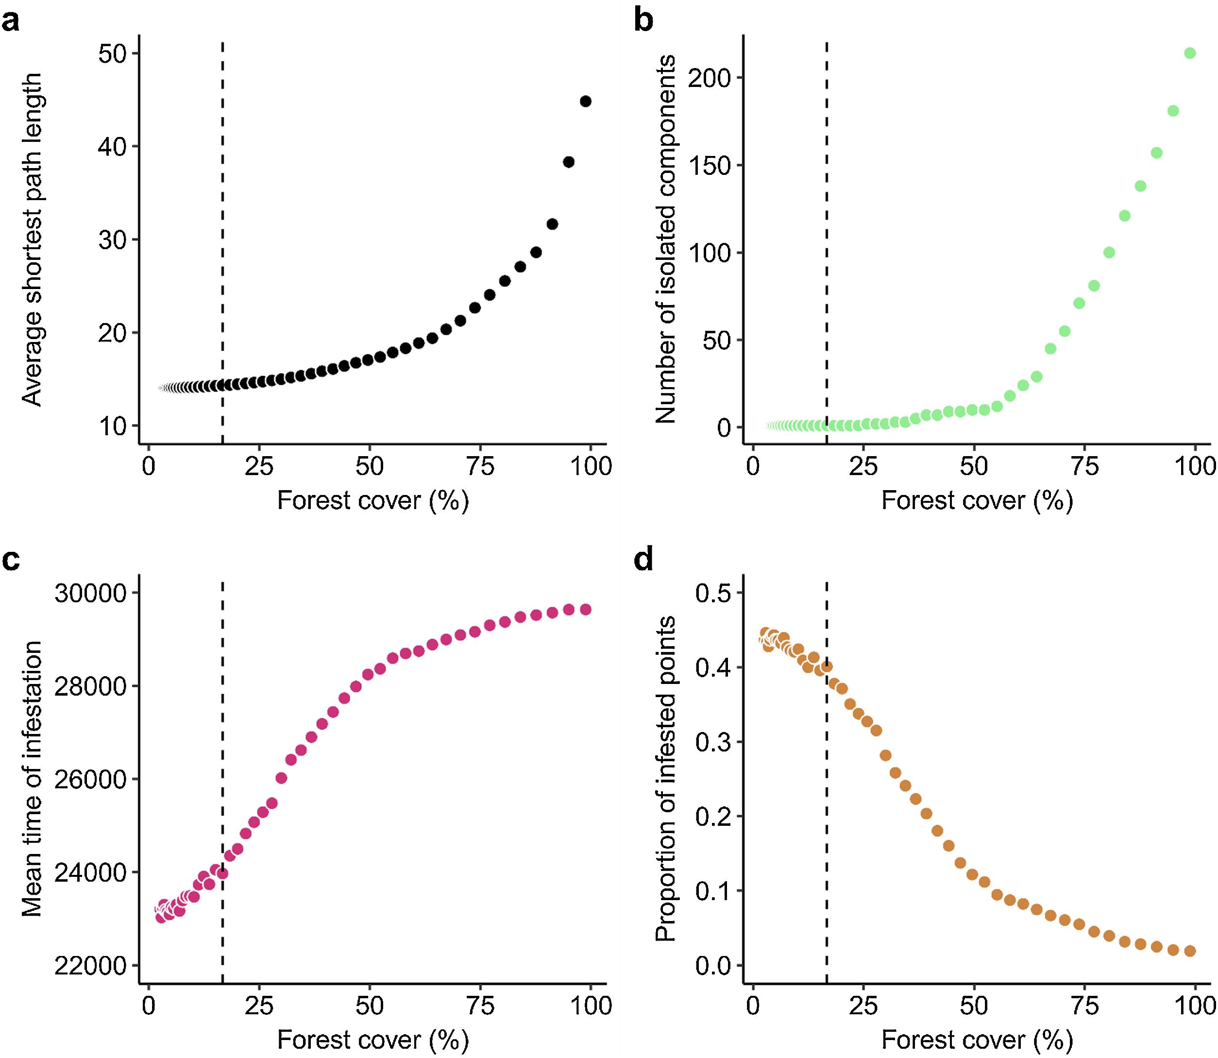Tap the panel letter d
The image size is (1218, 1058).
tap(643, 560)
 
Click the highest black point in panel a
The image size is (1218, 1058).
tap(585, 101)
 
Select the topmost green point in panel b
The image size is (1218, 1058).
tap(1190, 53)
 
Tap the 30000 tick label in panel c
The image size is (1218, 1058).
tap(91, 593)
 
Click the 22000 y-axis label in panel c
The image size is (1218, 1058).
tap(91, 967)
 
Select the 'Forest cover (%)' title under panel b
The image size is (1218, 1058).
tap(977, 501)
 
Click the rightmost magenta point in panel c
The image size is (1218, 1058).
tap(585, 609)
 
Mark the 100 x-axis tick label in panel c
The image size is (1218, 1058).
tap(592, 1005)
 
